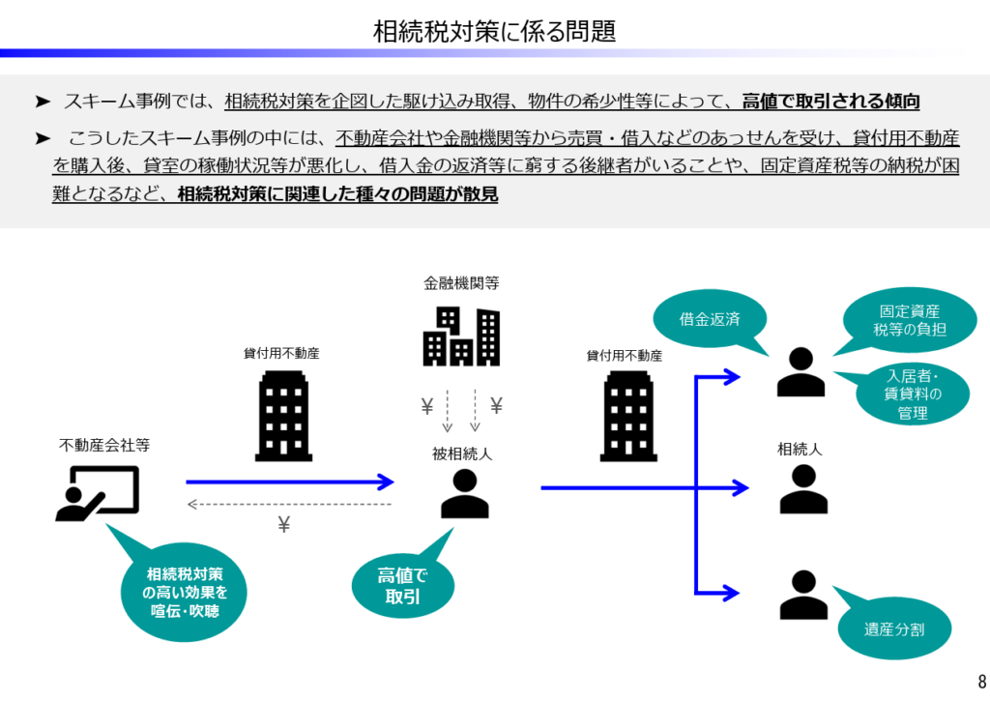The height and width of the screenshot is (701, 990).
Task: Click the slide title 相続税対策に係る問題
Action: pos(494,31)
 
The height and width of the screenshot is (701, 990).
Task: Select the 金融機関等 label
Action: pos(461,283)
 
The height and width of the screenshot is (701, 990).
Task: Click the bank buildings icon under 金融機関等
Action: pos(461,336)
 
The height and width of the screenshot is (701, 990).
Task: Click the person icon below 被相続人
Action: pos(464,494)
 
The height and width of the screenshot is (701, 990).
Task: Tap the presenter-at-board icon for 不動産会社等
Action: pos(97,494)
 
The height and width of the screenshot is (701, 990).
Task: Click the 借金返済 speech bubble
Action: pos(710,318)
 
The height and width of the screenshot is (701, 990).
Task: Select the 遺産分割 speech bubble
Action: pos(894,629)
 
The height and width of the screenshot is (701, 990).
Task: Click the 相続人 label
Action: pos(801,450)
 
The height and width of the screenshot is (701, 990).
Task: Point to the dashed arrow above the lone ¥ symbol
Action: pos(289,504)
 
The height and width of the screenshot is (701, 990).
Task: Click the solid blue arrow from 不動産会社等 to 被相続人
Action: pos(289,482)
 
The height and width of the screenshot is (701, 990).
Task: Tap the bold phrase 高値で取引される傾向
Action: pos(830,101)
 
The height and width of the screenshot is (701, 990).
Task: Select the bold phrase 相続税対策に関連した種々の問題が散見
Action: pos(337,193)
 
